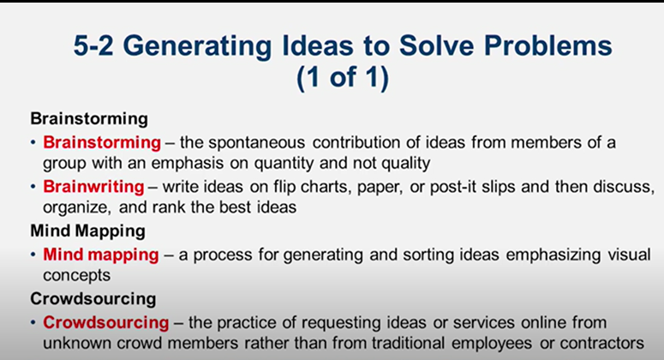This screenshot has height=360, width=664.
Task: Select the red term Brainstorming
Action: pyautogui.click(x=90, y=141)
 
